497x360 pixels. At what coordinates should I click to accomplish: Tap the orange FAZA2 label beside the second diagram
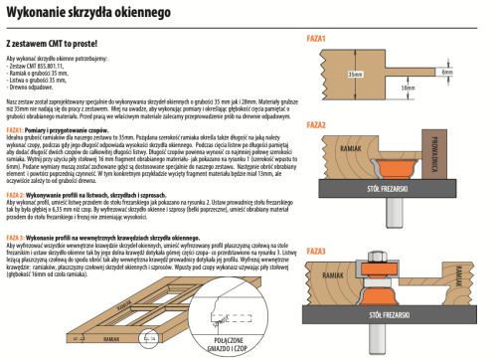318,125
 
